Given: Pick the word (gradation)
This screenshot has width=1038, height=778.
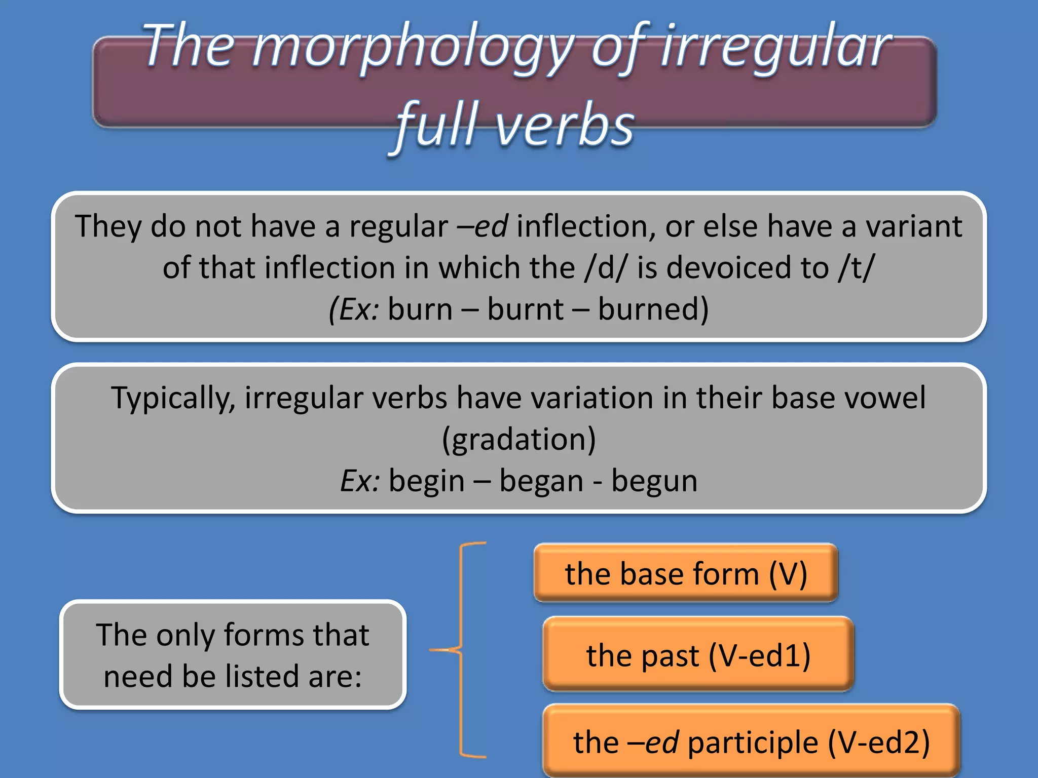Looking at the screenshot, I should (x=518, y=439).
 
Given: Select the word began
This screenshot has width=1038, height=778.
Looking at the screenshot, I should (x=541, y=481).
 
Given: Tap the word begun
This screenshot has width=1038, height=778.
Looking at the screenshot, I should (x=654, y=482).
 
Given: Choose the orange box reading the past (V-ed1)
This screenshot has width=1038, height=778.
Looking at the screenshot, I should (x=698, y=655).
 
